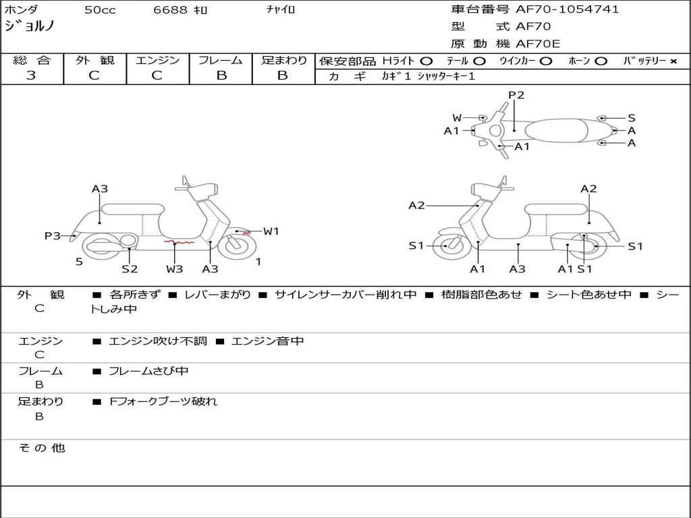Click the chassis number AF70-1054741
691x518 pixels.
tap(567, 9)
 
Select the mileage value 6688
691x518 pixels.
tap(170, 9)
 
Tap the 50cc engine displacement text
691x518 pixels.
tap(100, 9)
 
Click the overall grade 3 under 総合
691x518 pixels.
tap(31, 76)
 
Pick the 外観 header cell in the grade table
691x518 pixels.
tap(94, 60)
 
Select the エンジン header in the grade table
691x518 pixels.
tap(157, 60)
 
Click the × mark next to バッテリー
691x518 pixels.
tap(673, 61)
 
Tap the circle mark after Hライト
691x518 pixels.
tap(426, 61)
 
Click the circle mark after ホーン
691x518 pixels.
tap(601, 61)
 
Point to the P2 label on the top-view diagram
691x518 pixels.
tap(516, 95)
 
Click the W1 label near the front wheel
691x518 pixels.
tap(271, 231)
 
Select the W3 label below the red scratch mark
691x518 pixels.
tap(175, 268)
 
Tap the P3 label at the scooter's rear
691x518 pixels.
tap(53, 236)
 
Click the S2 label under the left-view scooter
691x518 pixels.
tap(130, 268)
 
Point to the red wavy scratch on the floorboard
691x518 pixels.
tap(179, 242)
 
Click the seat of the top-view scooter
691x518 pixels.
tap(556, 131)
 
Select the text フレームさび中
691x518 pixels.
tap(148, 372)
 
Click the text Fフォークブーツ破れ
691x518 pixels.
tap(163, 402)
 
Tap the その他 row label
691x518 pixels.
tap(41, 448)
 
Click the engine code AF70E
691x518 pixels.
tap(538, 44)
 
